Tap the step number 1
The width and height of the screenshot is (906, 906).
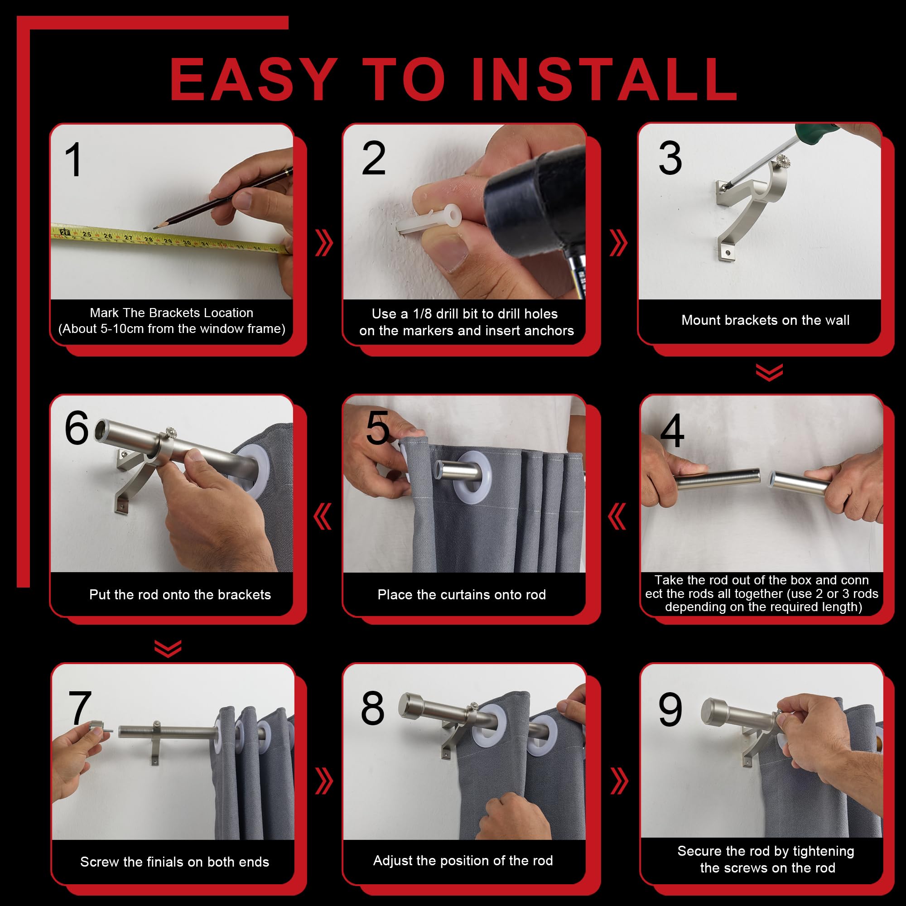pyautogui.click(x=74, y=160)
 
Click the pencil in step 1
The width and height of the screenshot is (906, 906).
pyautogui.click(x=222, y=199)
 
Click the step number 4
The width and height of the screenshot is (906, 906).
pyautogui.click(x=671, y=431)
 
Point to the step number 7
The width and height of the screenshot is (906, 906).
pyautogui.click(x=80, y=708)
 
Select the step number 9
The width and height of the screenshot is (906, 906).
pyautogui.click(x=670, y=709)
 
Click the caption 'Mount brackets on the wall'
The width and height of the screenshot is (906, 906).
pyautogui.click(x=765, y=320)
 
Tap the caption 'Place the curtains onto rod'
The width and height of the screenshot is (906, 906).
pyautogui.click(x=462, y=595)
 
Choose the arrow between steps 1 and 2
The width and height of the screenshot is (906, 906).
pyautogui.click(x=323, y=243)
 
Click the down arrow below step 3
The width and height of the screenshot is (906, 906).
pyautogui.click(x=770, y=372)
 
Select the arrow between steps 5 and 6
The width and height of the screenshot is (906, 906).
pyautogui.click(x=323, y=516)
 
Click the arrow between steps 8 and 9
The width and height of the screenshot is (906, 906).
pyautogui.click(x=619, y=781)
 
